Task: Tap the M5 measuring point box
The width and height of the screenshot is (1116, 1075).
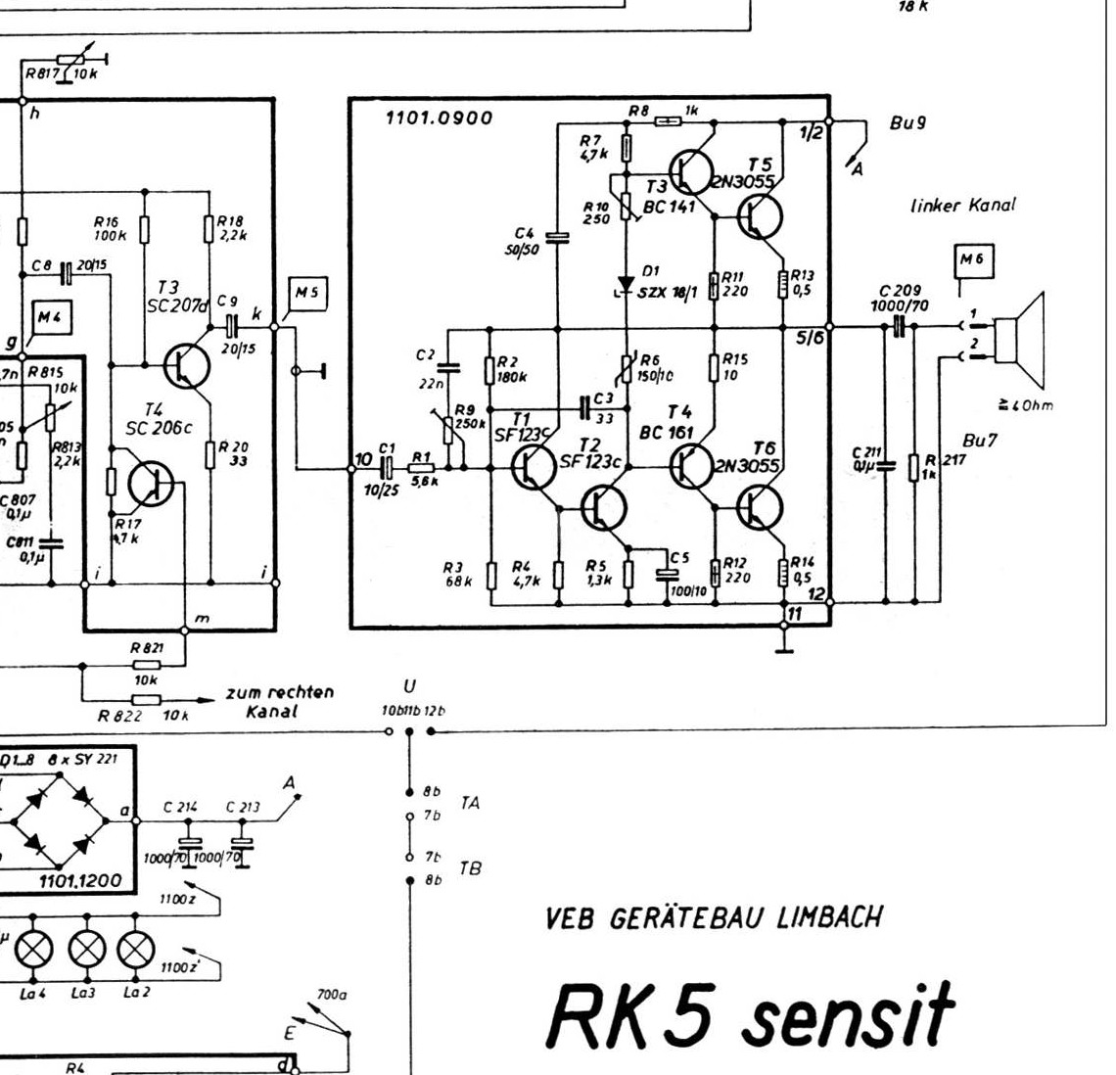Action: click(308, 293)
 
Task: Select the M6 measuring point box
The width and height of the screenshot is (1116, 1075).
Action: click(973, 259)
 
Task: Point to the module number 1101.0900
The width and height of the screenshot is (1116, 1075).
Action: click(440, 118)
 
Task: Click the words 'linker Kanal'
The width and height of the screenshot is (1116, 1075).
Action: click(962, 206)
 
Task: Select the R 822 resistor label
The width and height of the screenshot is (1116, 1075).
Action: click(115, 716)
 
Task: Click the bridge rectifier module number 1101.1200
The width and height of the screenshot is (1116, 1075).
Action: click(80, 881)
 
